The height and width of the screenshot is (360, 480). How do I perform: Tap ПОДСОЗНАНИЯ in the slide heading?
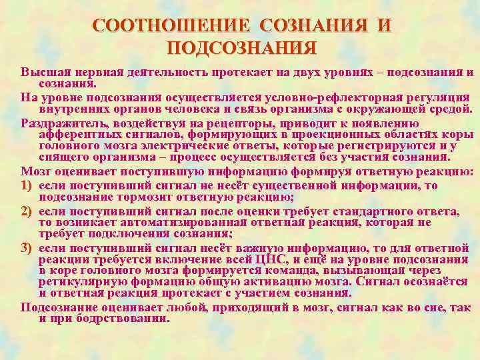click(x=241, y=48)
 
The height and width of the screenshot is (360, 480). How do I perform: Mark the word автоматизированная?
click(x=167, y=222)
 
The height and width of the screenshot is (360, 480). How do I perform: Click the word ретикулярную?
click(x=76, y=282)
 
